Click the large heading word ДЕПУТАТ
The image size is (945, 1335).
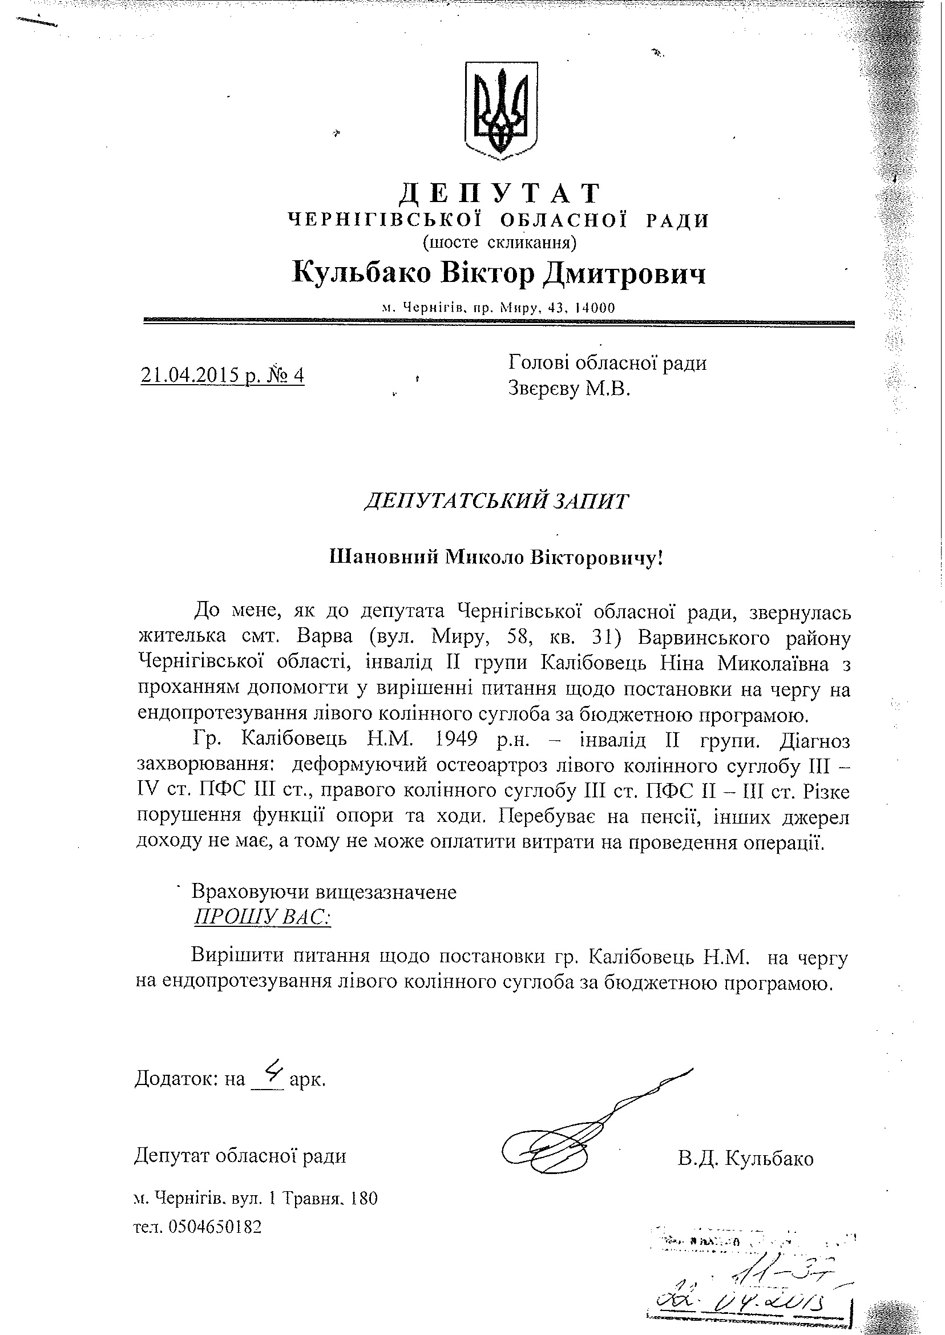pyautogui.click(x=499, y=193)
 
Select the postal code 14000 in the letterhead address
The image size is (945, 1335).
pyautogui.click(x=594, y=308)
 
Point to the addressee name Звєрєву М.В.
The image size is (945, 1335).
pyautogui.click(x=569, y=388)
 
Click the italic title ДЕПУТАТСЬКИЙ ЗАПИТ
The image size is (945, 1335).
pyautogui.click(x=496, y=501)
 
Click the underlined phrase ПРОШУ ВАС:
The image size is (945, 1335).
pyautogui.click(x=262, y=918)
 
